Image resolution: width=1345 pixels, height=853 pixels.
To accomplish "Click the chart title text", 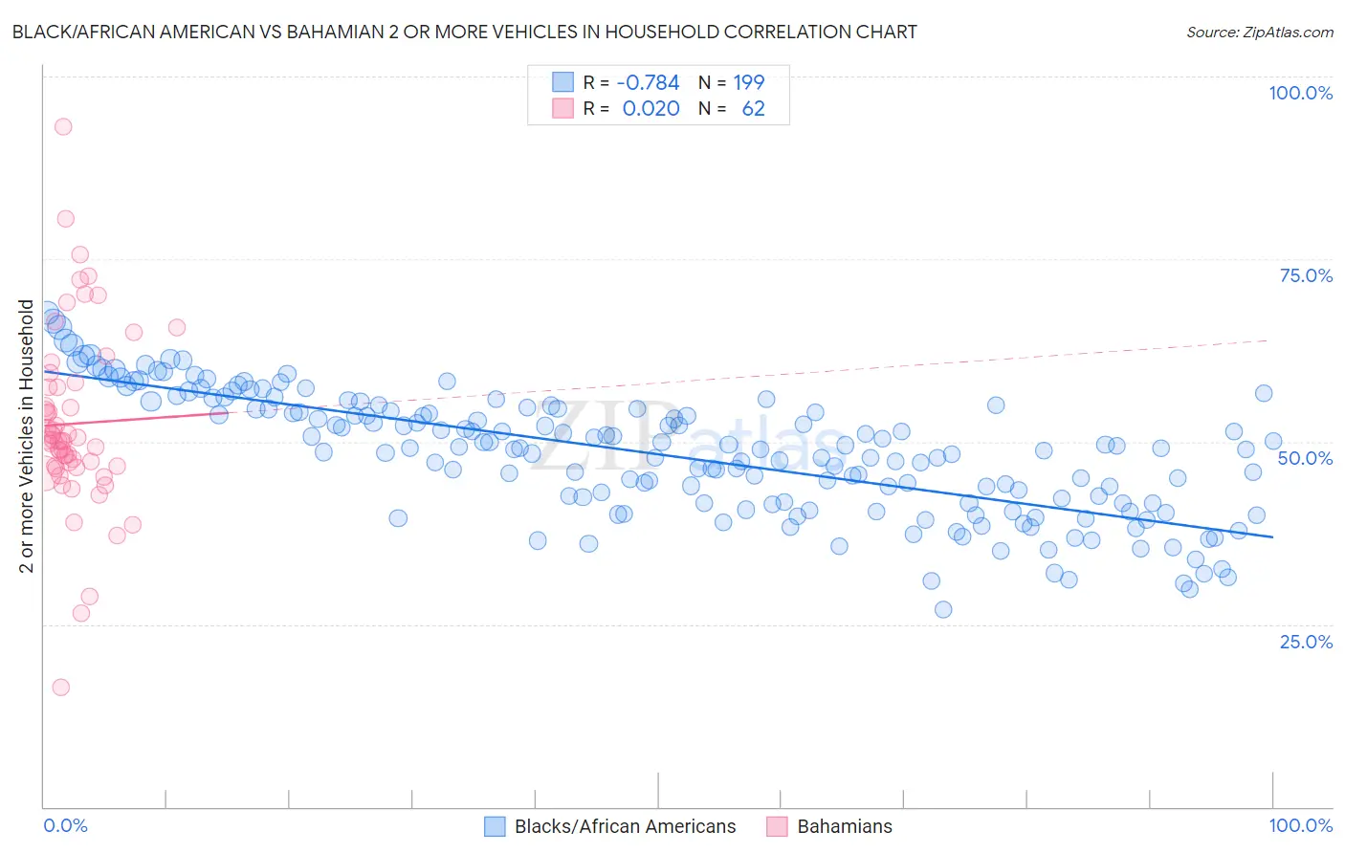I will pyautogui.click(x=463, y=32).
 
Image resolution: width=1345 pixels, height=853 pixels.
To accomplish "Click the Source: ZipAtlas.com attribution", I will pyautogui.click(x=1259, y=32).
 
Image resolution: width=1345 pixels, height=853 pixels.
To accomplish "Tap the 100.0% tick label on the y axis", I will pyautogui.click(x=1300, y=93).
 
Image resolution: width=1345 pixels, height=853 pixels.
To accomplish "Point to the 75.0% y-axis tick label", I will pyautogui.click(x=1306, y=275).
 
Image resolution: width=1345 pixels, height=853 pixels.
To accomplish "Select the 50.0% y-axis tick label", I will pyautogui.click(x=1305, y=458).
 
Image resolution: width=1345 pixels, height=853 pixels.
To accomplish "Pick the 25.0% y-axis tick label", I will pyautogui.click(x=1306, y=642).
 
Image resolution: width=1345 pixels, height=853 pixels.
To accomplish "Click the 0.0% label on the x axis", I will pyautogui.click(x=65, y=825).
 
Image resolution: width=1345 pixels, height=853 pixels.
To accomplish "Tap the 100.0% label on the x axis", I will pyautogui.click(x=1300, y=825).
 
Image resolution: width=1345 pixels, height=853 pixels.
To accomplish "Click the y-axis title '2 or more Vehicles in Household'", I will pyautogui.click(x=26, y=436).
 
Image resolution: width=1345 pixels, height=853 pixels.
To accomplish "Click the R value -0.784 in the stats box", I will pyautogui.click(x=648, y=82).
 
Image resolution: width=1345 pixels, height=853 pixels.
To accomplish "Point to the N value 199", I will pyautogui.click(x=749, y=82).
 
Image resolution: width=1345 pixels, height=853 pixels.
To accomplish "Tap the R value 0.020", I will pyautogui.click(x=650, y=108).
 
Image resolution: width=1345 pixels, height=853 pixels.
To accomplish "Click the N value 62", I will pyautogui.click(x=753, y=108).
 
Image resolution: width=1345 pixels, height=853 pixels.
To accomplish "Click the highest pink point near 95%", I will pyautogui.click(x=63, y=126).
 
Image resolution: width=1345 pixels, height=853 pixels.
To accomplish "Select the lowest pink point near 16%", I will pyautogui.click(x=60, y=687).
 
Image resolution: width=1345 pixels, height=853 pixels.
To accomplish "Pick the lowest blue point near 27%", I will pyautogui.click(x=943, y=609).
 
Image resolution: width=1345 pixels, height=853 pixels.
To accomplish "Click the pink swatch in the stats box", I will pyautogui.click(x=562, y=108).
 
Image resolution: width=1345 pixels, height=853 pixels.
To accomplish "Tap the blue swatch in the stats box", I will pyautogui.click(x=562, y=82).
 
